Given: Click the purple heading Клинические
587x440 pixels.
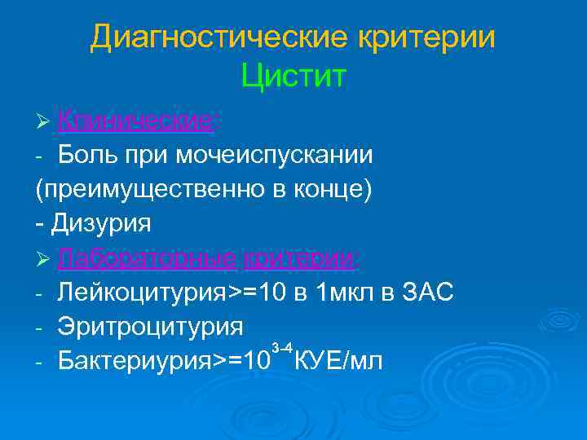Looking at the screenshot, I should tap(135, 121).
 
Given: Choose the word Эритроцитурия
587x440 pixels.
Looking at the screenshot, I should tap(151, 326).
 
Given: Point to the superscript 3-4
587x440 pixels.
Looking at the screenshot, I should tap(282, 348).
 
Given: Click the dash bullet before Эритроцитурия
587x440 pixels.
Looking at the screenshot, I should tap(39, 326).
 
